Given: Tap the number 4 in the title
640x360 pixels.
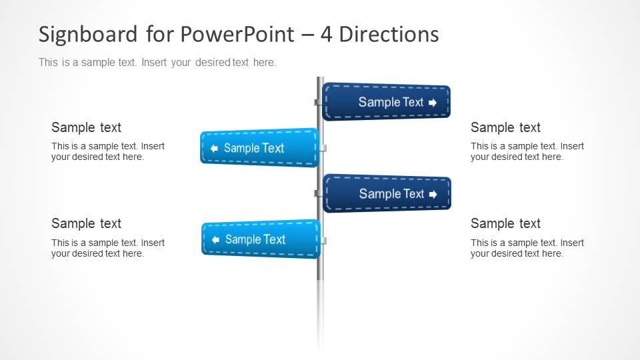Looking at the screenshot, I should click(326, 34).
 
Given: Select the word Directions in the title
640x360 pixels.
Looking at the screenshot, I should click(389, 34).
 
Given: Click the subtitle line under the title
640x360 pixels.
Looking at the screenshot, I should click(157, 63).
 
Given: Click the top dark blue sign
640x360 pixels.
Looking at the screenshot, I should click(386, 102).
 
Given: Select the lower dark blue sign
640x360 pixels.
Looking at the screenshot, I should click(387, 194).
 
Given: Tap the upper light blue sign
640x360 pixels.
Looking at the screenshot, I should click(259, 148).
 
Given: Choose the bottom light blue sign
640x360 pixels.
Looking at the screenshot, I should click(261, 239).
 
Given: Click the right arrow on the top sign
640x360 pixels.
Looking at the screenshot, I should click(433, 103).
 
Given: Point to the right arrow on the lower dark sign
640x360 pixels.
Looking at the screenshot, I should click(433, 195).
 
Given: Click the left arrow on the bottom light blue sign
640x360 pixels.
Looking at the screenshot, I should click(215, 239).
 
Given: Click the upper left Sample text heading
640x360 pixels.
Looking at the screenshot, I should click(86, 127).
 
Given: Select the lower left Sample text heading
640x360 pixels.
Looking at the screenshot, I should click(86, 223).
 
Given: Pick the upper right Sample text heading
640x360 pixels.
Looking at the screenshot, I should click(505, 127).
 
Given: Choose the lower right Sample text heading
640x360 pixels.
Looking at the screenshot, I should click(505, 223).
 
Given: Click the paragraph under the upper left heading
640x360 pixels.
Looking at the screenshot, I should click(107, 151).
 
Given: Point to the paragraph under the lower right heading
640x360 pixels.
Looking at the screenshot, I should click(527, 248).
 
